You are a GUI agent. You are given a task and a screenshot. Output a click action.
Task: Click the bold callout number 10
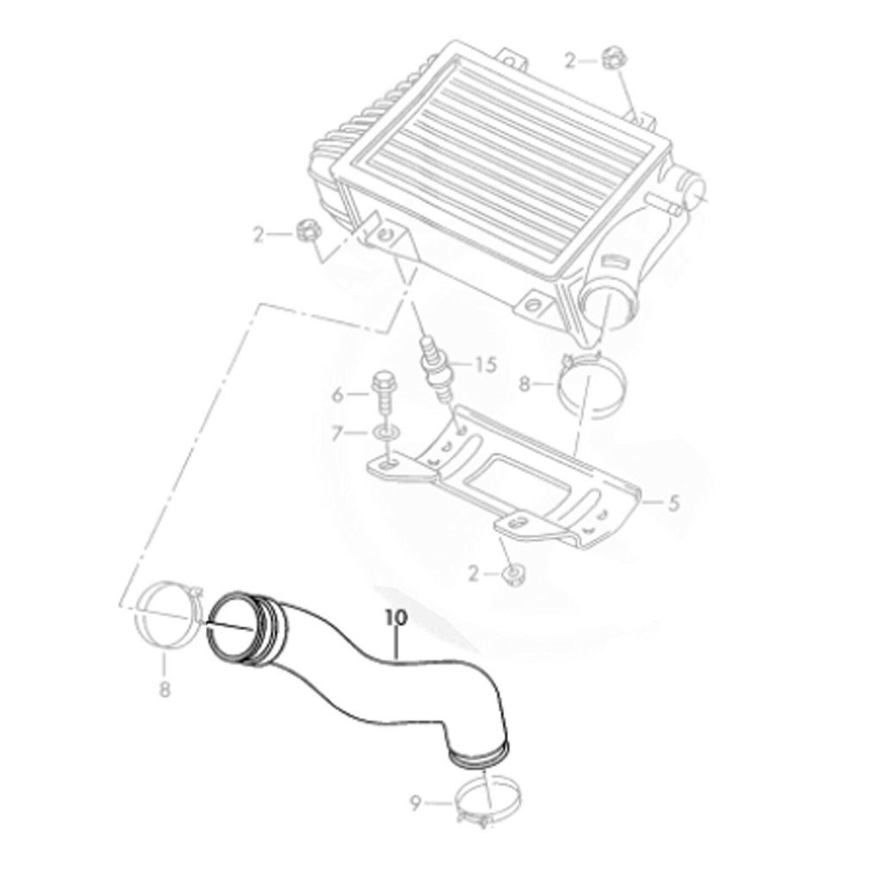coord(396,617)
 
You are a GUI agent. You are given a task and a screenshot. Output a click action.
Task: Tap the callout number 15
coord(486,364)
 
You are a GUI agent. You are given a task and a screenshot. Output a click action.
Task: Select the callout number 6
coord(338,394)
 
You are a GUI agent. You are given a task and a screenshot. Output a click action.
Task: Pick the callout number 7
coord(337,434)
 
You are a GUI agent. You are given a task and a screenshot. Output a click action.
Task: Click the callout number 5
coord(674,503)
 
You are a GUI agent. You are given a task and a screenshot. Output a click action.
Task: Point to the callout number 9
coord(415,804)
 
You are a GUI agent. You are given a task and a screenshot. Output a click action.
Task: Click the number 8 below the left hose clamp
coord(165,688)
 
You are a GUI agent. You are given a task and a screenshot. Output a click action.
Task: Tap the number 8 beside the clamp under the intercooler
coord(525,385)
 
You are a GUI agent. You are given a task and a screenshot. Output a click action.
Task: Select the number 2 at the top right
coord(570,61)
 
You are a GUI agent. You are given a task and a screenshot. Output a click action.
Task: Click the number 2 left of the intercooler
coord(258,235)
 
